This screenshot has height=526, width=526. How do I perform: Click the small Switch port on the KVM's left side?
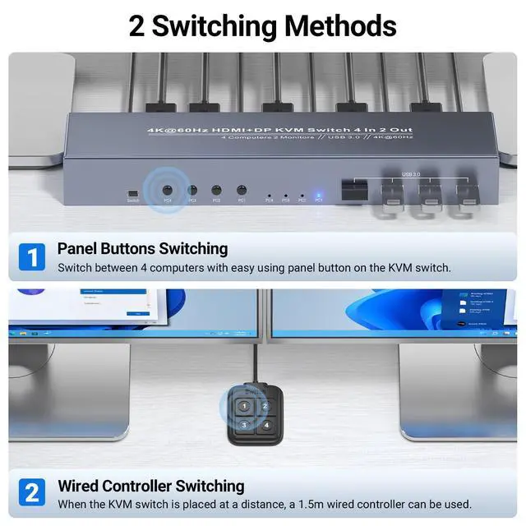tap(132, 191)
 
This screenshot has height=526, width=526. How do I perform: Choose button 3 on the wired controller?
tap(244, 424)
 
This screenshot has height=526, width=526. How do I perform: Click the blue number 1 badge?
tap(31, 257)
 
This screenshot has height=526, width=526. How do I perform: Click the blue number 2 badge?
tap(31, 493)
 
